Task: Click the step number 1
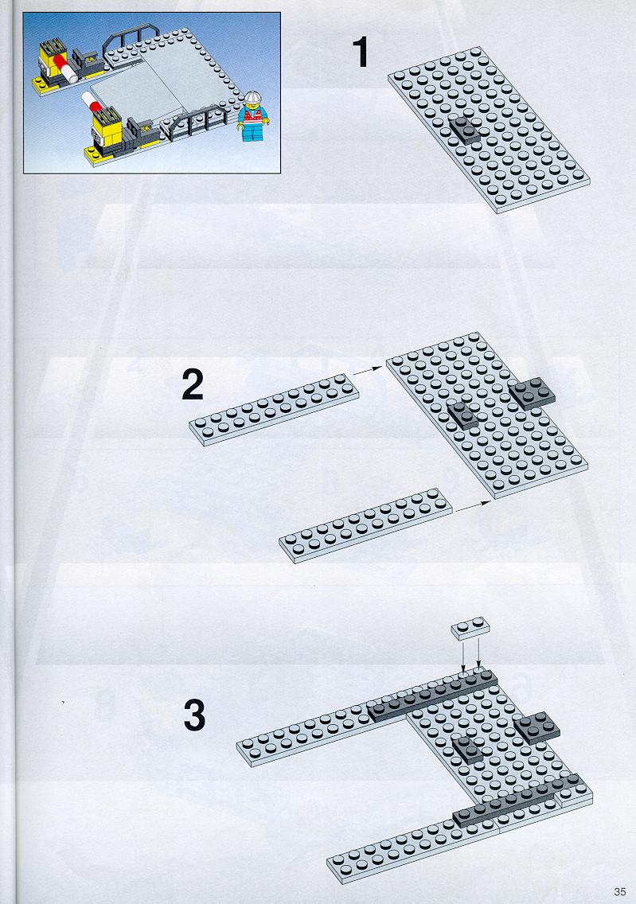(361, 53)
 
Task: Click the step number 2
(193, 384)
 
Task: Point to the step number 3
(194, 715)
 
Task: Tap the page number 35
(620, 891)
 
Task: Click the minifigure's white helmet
(252, 98)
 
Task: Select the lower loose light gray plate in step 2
(366, 524)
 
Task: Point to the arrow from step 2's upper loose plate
(368, 370)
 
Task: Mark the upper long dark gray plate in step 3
(432, 696)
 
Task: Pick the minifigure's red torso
(252, 116)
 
